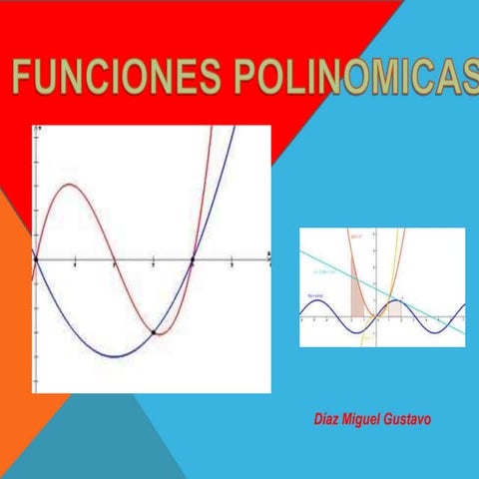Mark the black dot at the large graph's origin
35,259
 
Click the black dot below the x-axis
153,331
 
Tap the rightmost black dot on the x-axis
193,259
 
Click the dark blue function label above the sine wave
314,297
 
